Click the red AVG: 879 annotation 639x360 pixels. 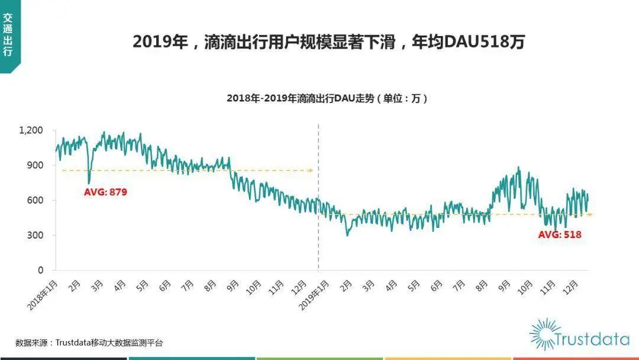tap(105, 192)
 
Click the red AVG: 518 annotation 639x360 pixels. tap(559, 234)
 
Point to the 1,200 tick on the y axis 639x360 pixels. tap(31, 130)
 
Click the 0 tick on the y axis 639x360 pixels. tap(40, 270)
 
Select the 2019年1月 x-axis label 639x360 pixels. tap(314, 294)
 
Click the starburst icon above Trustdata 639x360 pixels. tap(544, 333)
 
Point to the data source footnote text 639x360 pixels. tap(89, 342)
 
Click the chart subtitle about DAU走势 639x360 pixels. tap(327, 99)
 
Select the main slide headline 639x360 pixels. tap(328, 43)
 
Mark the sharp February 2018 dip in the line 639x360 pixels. tap(89, 183)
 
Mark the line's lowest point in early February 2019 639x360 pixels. tap(347, 235)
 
